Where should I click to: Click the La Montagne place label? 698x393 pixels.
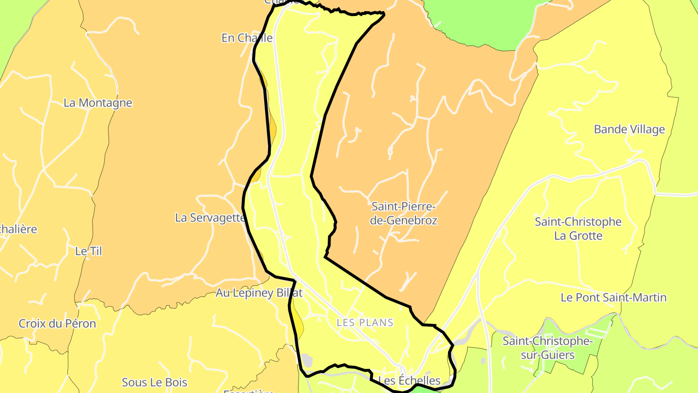coord(98,103)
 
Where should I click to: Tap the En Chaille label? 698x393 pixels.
coord(247,38)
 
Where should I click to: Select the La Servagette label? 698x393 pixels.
coord(210,218)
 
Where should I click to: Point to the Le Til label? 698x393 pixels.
coord(89,251)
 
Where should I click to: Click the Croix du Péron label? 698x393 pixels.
coord(57,324)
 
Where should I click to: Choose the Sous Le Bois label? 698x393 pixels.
coord(154,382)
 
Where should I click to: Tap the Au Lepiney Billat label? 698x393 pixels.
coord(259,293)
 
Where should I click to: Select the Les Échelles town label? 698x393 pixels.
coord(409,380)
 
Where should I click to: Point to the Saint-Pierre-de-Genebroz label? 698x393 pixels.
coord(404,213)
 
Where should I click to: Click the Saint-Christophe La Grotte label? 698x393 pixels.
coord(578,229)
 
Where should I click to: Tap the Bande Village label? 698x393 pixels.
coord(629,130)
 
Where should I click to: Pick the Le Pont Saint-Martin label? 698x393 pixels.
coord(613,297)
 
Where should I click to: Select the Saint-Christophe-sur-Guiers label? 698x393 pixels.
coord(548,348)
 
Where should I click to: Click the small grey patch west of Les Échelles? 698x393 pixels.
coord(306,360)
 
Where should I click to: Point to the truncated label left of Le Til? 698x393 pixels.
coord(18,229)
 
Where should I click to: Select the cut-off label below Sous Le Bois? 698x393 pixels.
coord(248,391)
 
